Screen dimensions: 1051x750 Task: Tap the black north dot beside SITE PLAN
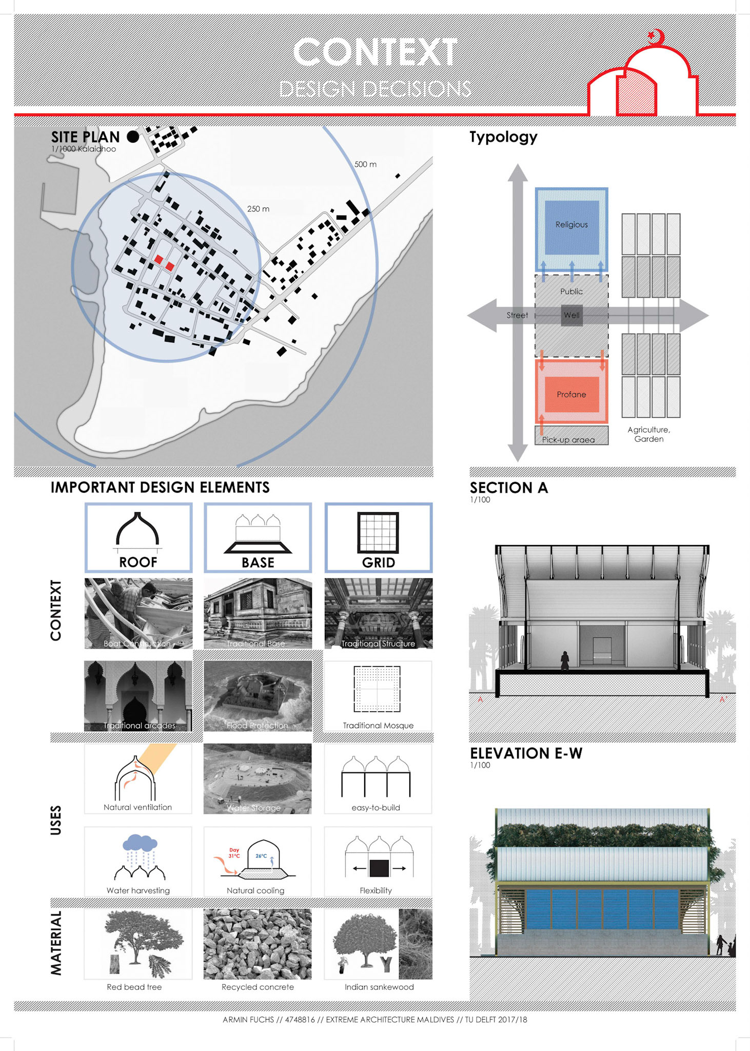133,137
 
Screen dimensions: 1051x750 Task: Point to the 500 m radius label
365,164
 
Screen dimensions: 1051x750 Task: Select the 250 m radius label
258,209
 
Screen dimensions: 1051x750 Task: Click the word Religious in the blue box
571,224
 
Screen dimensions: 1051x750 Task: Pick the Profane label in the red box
571,394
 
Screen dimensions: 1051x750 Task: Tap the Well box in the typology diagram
571,315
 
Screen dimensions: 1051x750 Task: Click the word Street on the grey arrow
517,315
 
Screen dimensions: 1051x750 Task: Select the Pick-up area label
568,440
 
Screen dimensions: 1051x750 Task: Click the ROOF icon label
138,562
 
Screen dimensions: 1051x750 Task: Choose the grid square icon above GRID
378,532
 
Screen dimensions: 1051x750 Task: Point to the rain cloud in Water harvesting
140,843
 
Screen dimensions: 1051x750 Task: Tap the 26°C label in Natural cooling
261,855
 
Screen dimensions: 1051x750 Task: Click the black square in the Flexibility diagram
379,868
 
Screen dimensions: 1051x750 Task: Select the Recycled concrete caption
258,987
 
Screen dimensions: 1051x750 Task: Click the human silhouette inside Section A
564,660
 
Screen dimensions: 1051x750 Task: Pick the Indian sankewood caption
379,987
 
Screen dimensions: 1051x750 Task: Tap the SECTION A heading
509,488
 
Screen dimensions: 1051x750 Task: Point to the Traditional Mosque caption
378,725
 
